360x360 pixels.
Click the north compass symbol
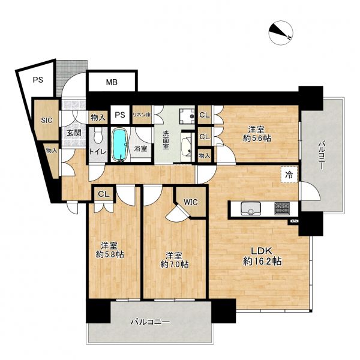tap(281, 32)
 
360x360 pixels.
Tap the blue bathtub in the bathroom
tap(119, 145)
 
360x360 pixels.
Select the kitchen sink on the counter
tap(251, 208)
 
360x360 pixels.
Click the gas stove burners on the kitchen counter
tap(282, 208)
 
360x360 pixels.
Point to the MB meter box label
tap(112, 82)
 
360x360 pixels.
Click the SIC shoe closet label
tap(47, 120)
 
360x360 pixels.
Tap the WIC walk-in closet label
tap(191, 202)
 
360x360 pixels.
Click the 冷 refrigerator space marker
tap(289, 175)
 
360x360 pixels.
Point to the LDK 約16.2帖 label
tap(262, 256)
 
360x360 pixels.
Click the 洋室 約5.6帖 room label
tap(257, 134)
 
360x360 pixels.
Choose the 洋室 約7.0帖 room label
tap(175, 260)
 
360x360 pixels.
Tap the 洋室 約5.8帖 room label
tap(110, 250)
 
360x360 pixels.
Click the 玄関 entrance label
tap(74, 133)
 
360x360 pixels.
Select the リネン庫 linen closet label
tap(142, 115)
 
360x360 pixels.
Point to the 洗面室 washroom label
tap(166, 140)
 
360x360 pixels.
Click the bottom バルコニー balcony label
tap(151, 322)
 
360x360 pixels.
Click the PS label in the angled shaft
tap(38, 80)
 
